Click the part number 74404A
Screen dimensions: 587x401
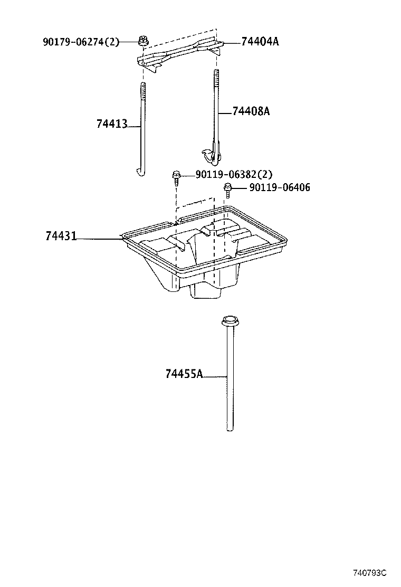260,41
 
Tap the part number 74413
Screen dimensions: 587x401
111,124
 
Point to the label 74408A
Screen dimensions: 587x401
251,111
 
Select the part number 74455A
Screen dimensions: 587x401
184,374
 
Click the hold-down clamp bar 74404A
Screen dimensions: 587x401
179,53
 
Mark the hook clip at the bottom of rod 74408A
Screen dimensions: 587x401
212,153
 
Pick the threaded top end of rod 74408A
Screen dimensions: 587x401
215,79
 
